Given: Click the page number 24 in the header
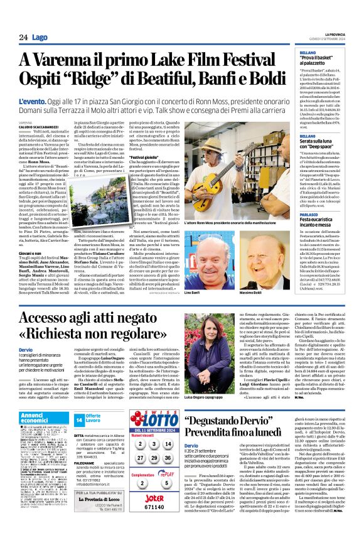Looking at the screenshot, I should tap(23, 37).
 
